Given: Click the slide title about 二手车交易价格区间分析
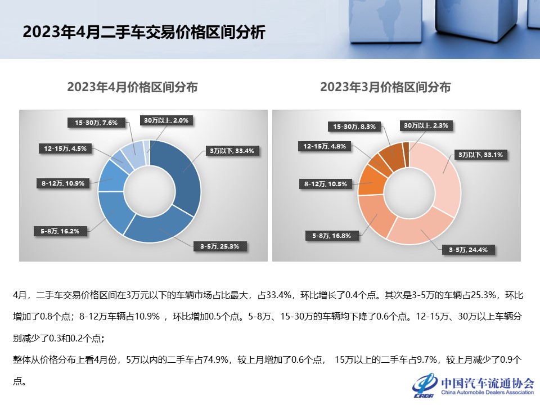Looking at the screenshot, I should (143, 32).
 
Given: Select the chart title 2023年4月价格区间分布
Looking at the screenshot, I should (132, 87).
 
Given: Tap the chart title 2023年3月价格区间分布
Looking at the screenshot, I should (385, 87).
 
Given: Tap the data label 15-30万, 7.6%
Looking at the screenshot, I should (96, 122).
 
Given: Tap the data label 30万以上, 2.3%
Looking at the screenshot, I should (425, 125).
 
